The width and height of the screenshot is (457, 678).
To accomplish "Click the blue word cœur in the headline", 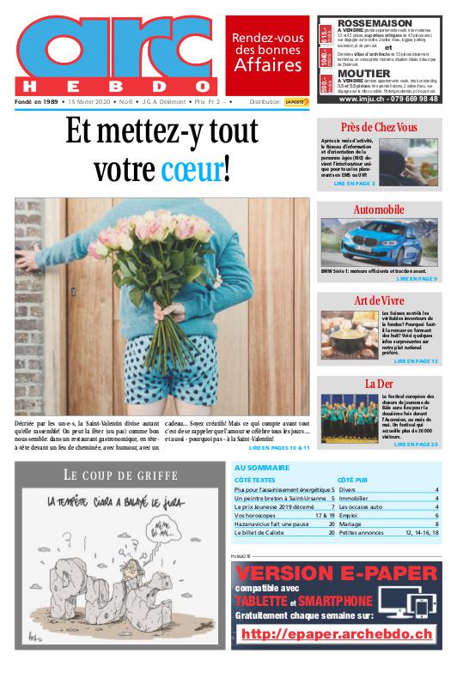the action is click(x=191, y=170).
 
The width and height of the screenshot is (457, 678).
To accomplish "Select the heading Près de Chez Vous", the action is click(x=379, y=127).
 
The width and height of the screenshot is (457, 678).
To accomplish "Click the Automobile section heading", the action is click(x=379, y=209).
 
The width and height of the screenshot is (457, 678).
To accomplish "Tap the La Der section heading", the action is click(x=379, y=383).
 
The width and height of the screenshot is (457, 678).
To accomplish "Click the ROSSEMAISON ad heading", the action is click(x=375, y=22).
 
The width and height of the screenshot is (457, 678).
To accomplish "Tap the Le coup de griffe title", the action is click(x=120, y=475).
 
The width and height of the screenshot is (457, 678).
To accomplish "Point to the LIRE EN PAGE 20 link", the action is click(x=416, y=445).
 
